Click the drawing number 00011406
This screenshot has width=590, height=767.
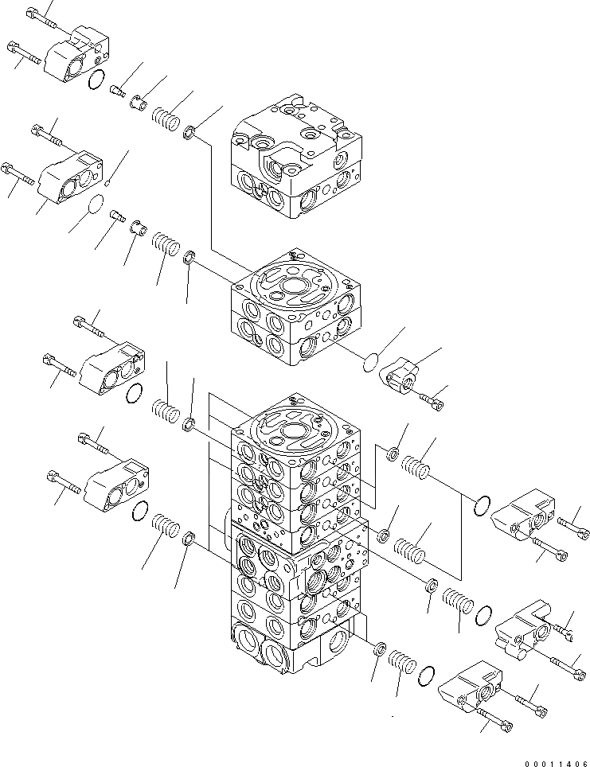click(549, 758)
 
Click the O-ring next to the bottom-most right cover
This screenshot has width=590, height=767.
click(425, 673)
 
